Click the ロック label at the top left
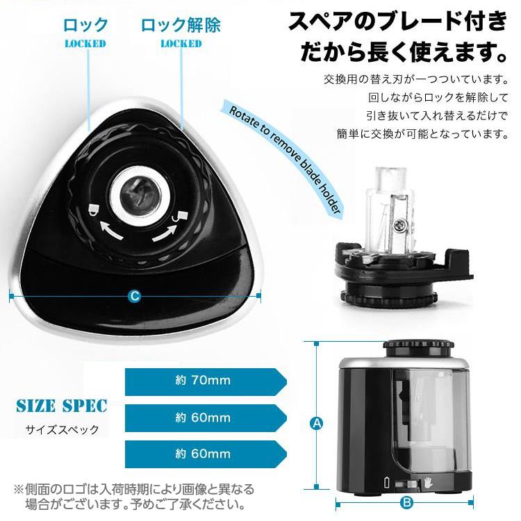(x=86, y=26)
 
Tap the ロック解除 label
(x=181, y=26)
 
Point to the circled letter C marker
(x=135, y=295)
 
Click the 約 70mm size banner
(x=205, y=380)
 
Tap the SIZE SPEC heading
(x=62, y=405)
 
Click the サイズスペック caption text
(x=62, y=429)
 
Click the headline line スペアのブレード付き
(x=398, y=22)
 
